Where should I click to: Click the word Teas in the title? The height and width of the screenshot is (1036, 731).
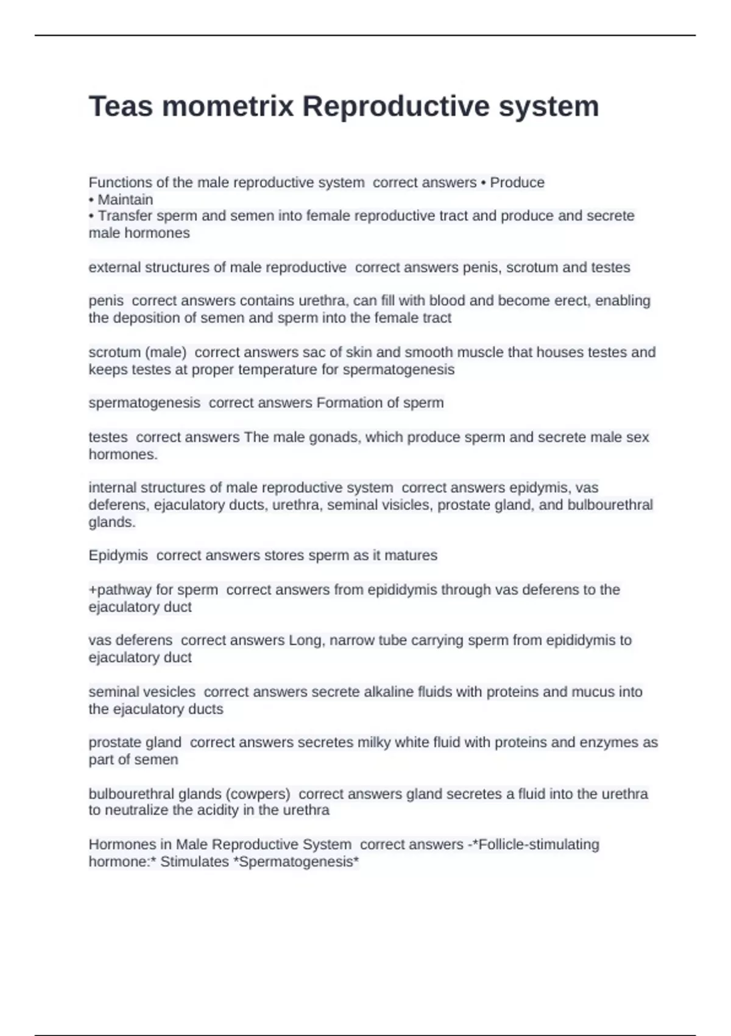click(119, 106)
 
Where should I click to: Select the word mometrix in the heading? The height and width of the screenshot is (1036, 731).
click(228, 106)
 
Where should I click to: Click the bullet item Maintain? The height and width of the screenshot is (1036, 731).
click(125, 199)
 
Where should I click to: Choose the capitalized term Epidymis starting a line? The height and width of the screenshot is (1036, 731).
click(118, 555)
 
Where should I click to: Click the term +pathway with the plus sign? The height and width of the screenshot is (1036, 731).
click(119, 589)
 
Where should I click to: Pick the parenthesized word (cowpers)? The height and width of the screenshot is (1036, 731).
click(258, 793)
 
